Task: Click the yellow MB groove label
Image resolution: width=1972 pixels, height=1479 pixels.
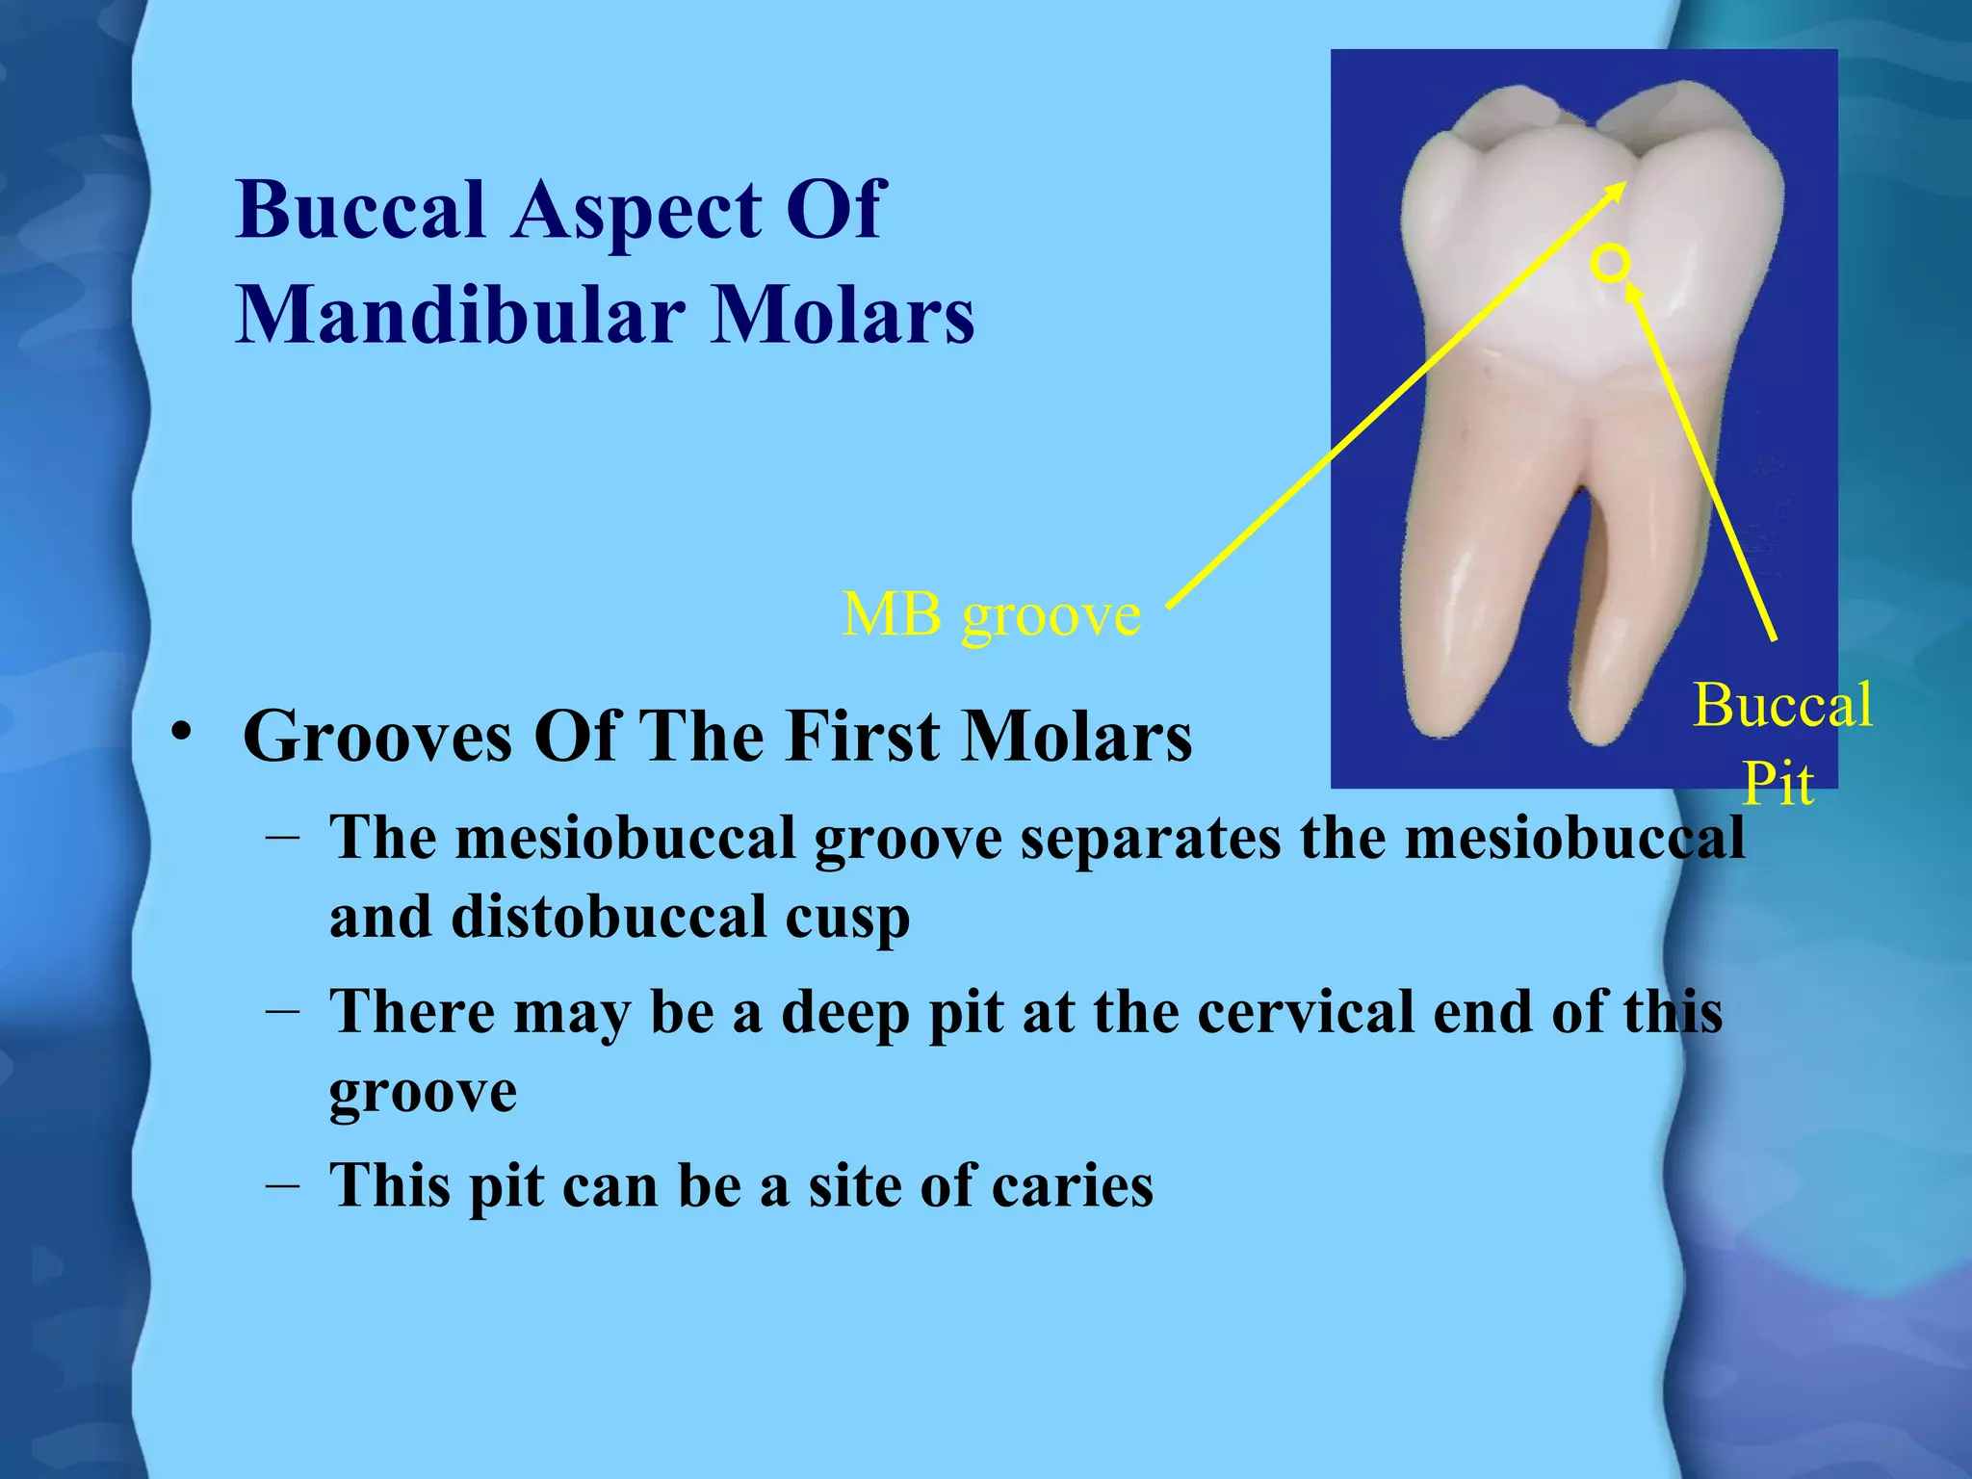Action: click(991, 614)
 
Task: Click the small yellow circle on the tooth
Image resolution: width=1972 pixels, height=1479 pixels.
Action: click(1610, 263)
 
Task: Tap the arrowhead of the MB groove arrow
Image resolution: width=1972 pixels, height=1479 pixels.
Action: click(1620, 188)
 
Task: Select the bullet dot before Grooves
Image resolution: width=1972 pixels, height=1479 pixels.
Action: click(179, 734)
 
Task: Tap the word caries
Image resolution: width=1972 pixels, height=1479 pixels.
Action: click(1072, 1184)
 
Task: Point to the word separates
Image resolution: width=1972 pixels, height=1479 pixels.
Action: click(1150, 838)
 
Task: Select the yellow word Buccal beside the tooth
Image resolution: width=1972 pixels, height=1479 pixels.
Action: click(1782, 705)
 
